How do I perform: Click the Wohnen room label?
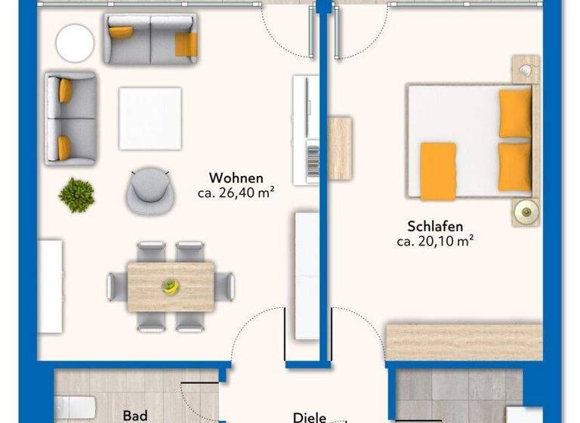(236, 178)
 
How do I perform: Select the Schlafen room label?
(434, 226)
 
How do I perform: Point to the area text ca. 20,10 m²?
(434, 242)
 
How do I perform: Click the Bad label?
(134, 415)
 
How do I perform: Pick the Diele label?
(310, 416)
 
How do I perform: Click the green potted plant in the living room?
(76, 194)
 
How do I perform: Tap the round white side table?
(75, 43)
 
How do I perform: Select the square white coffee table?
(150, 119)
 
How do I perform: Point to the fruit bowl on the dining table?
(171, 286)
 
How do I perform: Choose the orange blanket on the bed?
(438, 171)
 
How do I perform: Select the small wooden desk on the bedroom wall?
(341, 148)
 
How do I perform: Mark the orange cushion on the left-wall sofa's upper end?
(66, 91)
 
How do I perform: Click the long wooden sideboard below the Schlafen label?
(464, 342)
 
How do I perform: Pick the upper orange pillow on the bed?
(515, 114)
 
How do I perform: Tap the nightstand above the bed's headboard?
(526, 70)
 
